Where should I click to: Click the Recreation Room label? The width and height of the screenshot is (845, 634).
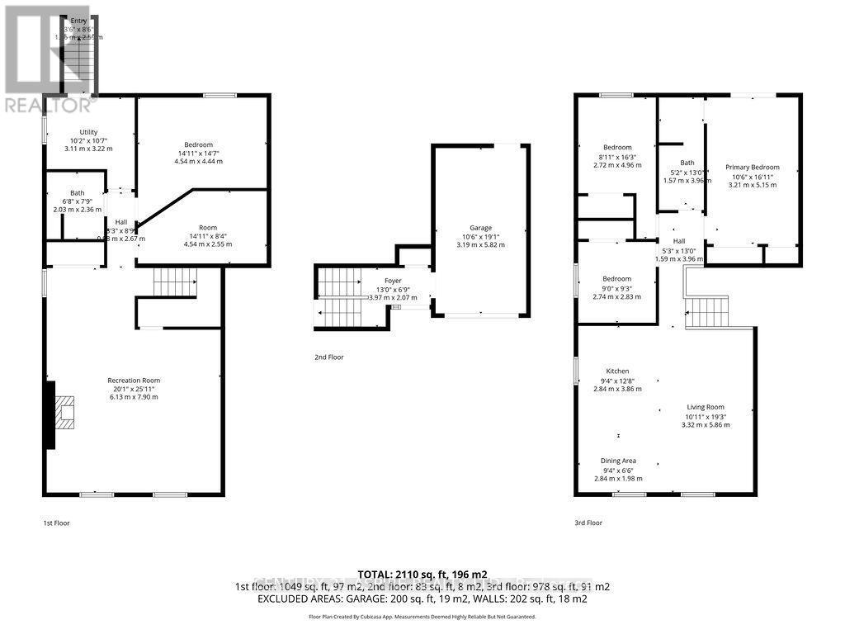point(132,380)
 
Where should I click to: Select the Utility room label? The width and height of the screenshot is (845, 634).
point(88,132)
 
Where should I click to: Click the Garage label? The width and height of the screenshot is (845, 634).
point(481,228)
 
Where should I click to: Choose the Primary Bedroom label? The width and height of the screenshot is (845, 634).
point(752,168)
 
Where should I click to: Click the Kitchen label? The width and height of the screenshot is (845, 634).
point(618,371)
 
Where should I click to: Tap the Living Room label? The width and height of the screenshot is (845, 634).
point(705,407)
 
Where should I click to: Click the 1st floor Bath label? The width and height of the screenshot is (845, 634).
point(76,193)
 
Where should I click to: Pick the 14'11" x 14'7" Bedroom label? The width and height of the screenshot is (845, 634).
point(198,145)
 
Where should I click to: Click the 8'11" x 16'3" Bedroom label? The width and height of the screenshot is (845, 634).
point(617,148)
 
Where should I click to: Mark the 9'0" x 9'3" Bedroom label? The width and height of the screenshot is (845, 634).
point(617,279)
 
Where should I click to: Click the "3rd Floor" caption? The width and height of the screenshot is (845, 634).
point(588,523)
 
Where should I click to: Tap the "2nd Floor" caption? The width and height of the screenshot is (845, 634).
point(328,357)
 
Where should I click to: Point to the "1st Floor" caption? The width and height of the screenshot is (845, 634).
point(57,523)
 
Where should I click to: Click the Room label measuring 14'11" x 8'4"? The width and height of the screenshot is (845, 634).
point(207,228)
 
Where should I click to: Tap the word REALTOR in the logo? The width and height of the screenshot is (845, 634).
point(50,106)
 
